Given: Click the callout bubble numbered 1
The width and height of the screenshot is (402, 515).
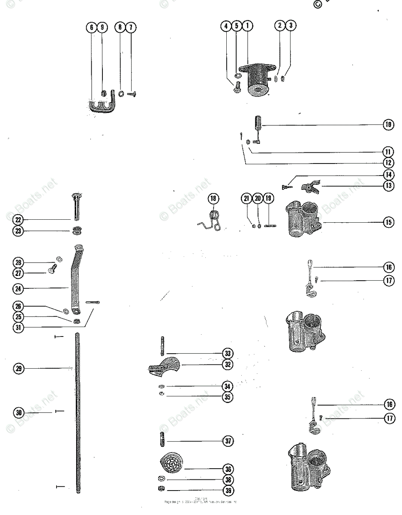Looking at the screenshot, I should [x=247, y=26].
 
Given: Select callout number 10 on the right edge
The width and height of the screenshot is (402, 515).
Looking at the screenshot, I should [x=388, y=125].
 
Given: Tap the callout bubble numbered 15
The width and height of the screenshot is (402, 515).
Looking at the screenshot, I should [x=388, y=222].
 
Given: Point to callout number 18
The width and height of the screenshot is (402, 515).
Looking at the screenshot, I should [x=213, y=198].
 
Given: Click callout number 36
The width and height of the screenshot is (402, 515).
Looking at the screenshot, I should [x=228, y=469].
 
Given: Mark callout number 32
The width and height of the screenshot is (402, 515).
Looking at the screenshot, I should [x=228, y=365].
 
